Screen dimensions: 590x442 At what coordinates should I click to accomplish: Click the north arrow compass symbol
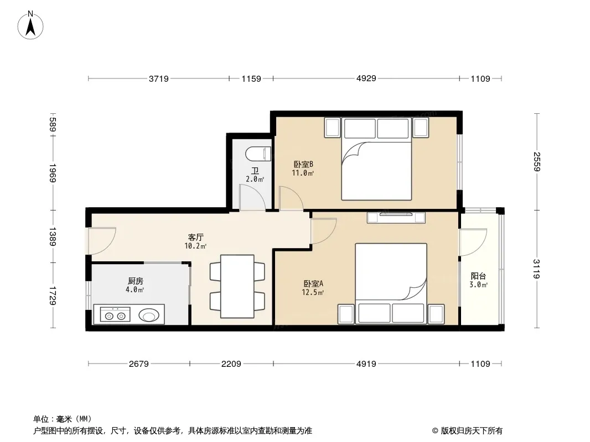30,25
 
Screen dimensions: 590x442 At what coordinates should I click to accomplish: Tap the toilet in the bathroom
258,154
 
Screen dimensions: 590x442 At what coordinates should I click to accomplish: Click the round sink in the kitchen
149,315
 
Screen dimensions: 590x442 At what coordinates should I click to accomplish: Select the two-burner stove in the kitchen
115,315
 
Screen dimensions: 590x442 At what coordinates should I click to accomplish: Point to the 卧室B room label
303,164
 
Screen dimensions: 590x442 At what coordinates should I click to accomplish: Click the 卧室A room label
313,283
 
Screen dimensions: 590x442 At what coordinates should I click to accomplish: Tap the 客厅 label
196,238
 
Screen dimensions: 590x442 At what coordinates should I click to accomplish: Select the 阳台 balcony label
478,276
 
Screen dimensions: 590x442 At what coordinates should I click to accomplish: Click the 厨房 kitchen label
136,281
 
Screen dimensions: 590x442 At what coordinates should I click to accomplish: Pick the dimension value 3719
159,79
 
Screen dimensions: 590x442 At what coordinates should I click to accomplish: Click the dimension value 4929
366,78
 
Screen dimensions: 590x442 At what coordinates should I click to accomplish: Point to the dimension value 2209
231,364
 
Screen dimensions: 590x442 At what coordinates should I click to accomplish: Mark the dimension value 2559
536,161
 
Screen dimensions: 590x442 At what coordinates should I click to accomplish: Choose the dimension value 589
53,125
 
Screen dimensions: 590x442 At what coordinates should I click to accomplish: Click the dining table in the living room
237,286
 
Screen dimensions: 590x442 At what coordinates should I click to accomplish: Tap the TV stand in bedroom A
397,218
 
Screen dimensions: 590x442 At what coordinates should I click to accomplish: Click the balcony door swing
473,242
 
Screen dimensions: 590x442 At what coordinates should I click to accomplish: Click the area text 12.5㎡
313,292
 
